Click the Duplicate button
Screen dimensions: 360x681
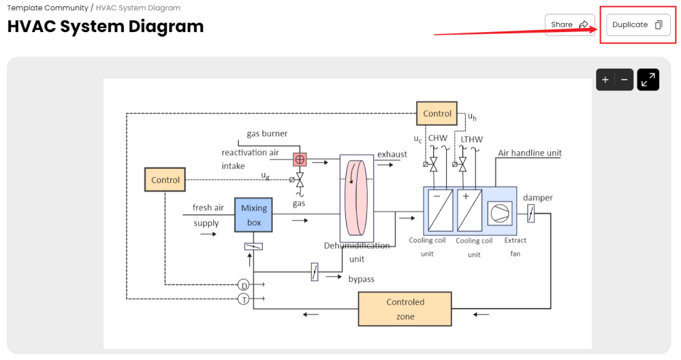coord(637,25)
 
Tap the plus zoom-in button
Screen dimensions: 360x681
coord(605,80)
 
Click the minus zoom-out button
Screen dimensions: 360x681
coord(624,80)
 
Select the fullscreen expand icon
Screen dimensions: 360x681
coord(648,80)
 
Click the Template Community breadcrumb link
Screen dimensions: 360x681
coord(48,8)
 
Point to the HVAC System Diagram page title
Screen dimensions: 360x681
coord(106,27)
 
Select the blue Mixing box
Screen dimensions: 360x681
coord(254,215)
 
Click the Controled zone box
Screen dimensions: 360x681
coord(405,309)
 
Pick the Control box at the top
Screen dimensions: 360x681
coord(437,114)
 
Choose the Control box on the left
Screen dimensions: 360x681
coord(165,180)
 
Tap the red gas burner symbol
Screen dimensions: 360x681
coord(300,159)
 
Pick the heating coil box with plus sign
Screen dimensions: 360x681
coord(469,211)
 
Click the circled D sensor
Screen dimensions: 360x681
coord(243,284)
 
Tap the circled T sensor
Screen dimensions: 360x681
coord(243,299)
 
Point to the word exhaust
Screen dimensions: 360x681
coord(392,154)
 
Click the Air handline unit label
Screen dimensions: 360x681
coord(530,153)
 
